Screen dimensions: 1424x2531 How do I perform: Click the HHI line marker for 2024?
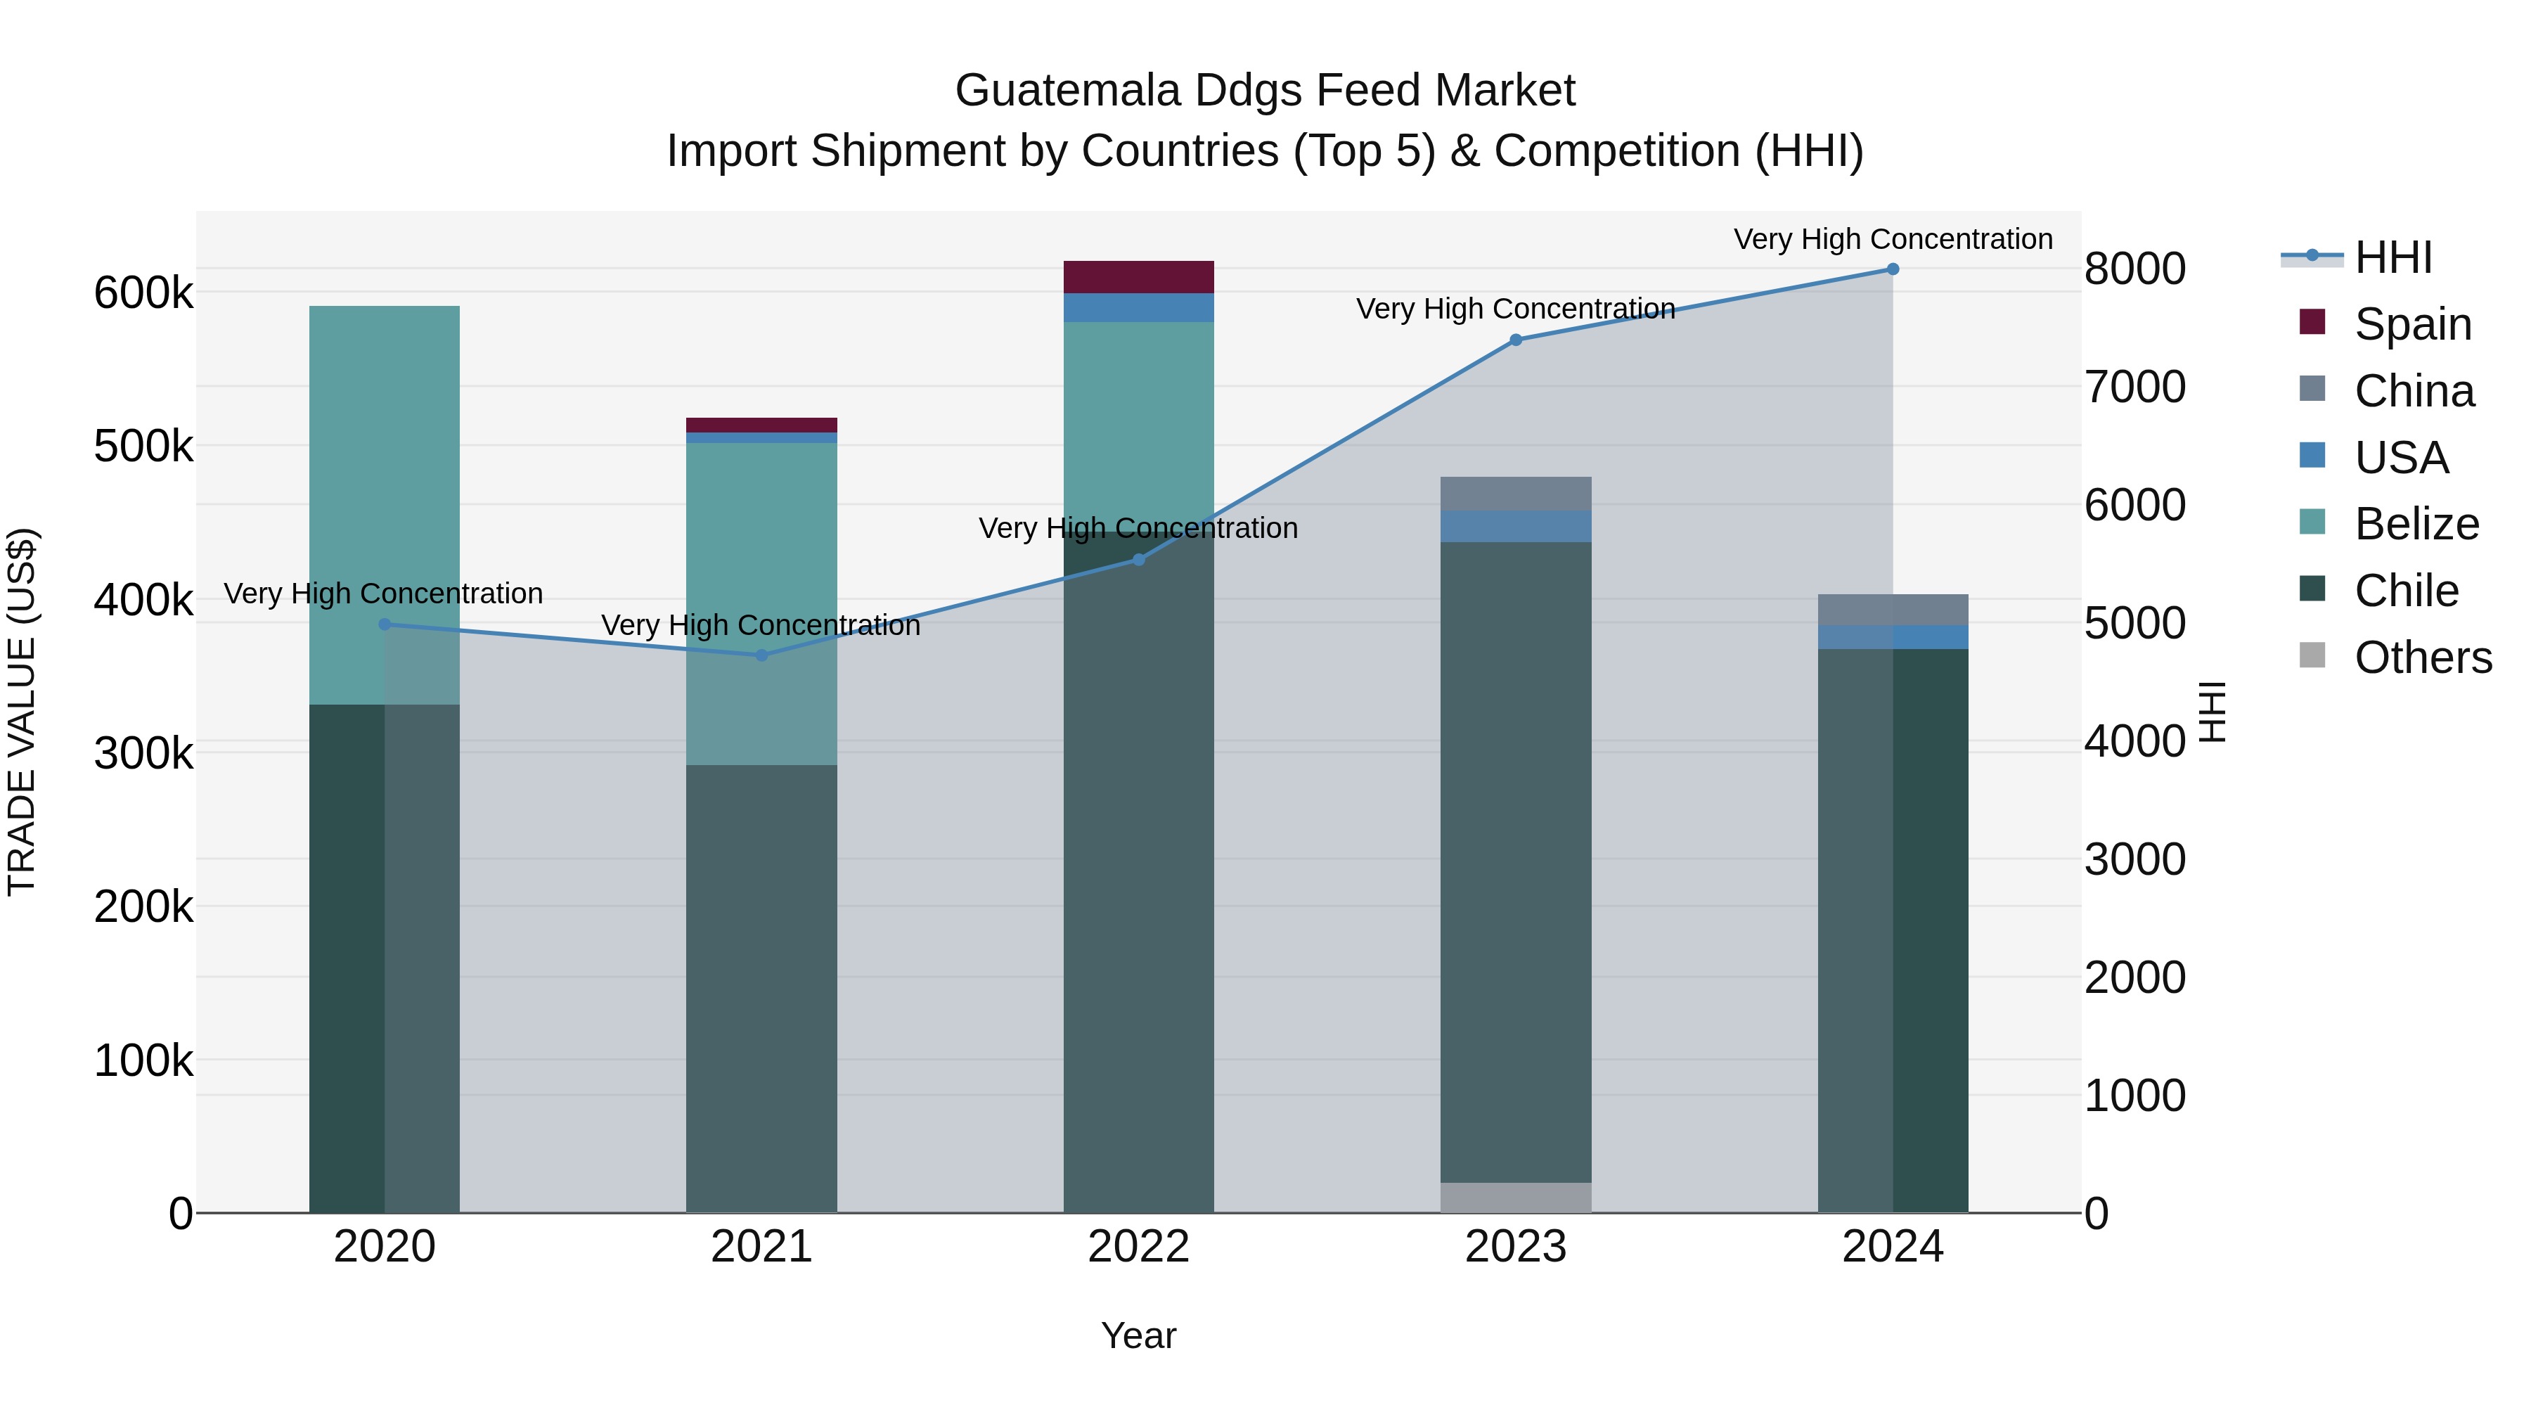(1893, 269)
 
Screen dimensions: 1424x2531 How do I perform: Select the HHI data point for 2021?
(761, 655)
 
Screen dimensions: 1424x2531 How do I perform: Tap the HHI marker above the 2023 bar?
(1515, 340)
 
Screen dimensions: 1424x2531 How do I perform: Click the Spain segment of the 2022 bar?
(1139, 277)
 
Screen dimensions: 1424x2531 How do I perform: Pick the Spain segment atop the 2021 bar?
(761, 425)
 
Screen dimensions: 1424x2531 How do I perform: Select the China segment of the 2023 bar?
(1515, 494)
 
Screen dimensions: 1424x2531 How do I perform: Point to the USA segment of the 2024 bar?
(1893, 637)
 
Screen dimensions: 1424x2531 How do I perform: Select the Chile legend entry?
(2407, 591)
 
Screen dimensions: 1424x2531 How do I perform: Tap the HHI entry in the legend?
(2393, 257)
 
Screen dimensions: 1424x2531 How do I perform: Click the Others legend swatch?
(2313, 655)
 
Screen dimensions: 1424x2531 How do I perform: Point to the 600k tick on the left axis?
(143, 293)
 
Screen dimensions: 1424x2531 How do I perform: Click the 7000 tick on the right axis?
(2135, 387)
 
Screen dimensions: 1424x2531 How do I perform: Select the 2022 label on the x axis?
(1139, 1247)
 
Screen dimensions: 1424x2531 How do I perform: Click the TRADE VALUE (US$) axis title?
(22, 712)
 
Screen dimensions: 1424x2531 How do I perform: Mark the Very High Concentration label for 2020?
(383, 594)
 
